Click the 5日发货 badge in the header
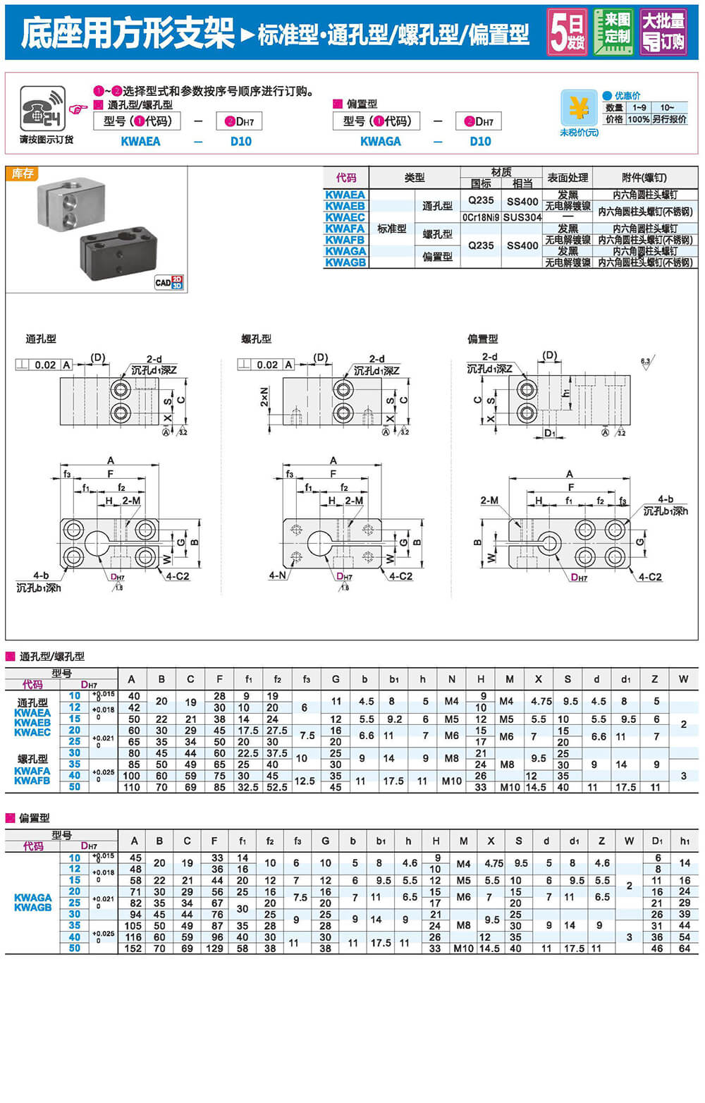coord(567,32)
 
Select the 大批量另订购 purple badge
coord(663,32)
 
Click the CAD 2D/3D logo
coord(169,282)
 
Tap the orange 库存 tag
coord(22,173)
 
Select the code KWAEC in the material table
coord(345,217)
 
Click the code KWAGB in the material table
coord(345,262)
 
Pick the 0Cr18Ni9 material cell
coord(481,217)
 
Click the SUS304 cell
coord(522,217)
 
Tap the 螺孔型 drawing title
coord(257,339)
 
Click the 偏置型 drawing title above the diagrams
coord(483,339)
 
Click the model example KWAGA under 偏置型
coord(380,142)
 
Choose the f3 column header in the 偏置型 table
coord(298,841)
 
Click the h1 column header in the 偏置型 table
coord(685,841)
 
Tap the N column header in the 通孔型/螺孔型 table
coord(451,679)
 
